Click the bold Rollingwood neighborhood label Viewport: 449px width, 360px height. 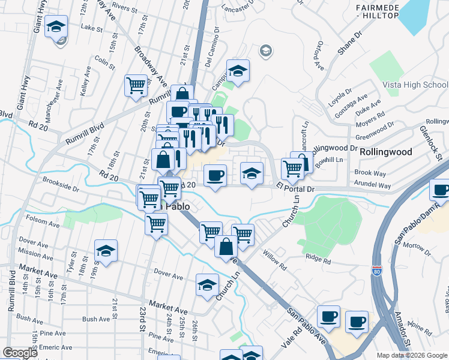[385, 152]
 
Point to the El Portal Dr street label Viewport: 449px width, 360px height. [295, 189]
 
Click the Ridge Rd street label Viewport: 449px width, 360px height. [318, 261]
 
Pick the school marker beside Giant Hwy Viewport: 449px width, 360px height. [56, 28]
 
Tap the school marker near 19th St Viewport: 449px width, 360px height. [106, 251]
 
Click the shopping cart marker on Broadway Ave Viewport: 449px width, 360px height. [136, 85]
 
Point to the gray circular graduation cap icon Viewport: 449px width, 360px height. [265, 51]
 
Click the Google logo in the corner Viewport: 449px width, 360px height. [20, 353]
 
